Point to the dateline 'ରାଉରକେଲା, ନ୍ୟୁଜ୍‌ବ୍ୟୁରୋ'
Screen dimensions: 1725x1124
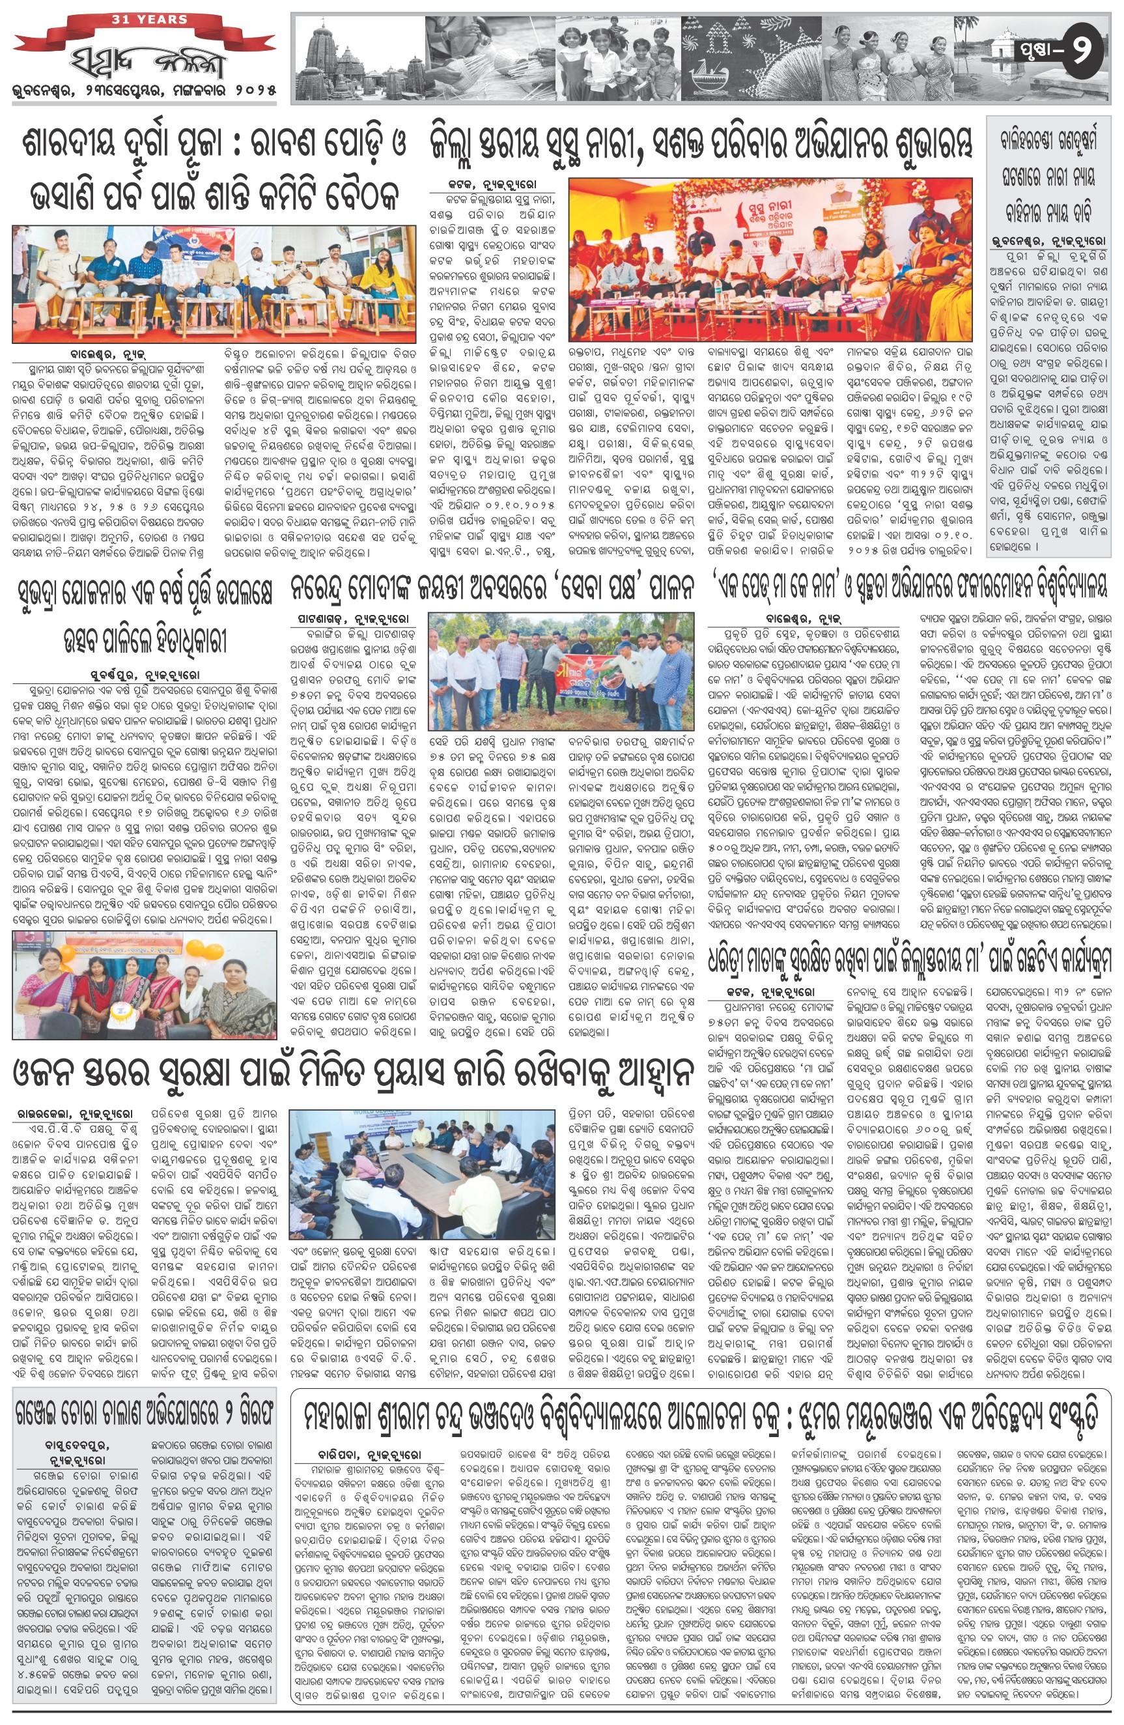click(x=76, y=1113)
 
